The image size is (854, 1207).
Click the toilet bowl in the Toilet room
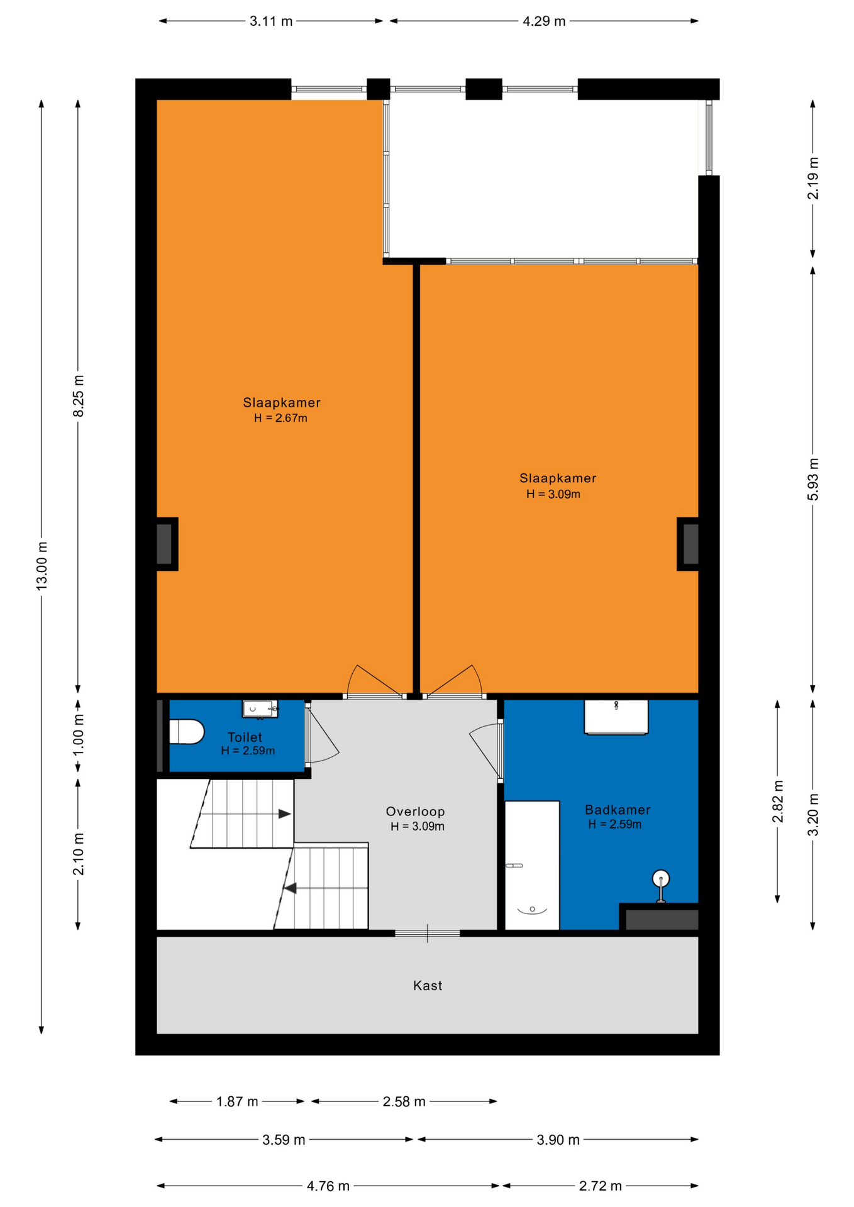[x=187, y=732]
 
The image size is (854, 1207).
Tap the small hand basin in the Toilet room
[x=260, y=708]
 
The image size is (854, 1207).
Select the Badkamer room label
[x=618, y=810]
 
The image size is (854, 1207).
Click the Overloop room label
[x=415, y=812]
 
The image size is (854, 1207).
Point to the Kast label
[x=428, y=986]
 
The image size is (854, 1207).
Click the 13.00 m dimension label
[x=42, y=565]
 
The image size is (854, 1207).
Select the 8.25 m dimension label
[x=78, y=396]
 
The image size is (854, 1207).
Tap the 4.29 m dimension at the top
[x=544, y=21]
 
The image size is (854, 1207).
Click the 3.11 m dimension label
[x=271, y=21]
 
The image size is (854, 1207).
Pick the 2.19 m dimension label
[x=813, y=178]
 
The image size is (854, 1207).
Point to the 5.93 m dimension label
[x=813, y=480]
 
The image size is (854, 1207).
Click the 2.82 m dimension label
[x=778, y=802]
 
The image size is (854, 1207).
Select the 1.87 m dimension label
[x=237, y=1101]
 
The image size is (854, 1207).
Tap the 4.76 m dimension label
[x=328, y=1186]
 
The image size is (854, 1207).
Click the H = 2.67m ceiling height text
[x=280, y=418]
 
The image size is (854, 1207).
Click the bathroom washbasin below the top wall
[x=616, y=717]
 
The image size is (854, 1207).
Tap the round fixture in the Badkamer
[x=661, y=878]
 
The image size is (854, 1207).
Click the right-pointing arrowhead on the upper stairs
[x=285, y=814]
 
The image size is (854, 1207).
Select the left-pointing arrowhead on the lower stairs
[x=290, y=888]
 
